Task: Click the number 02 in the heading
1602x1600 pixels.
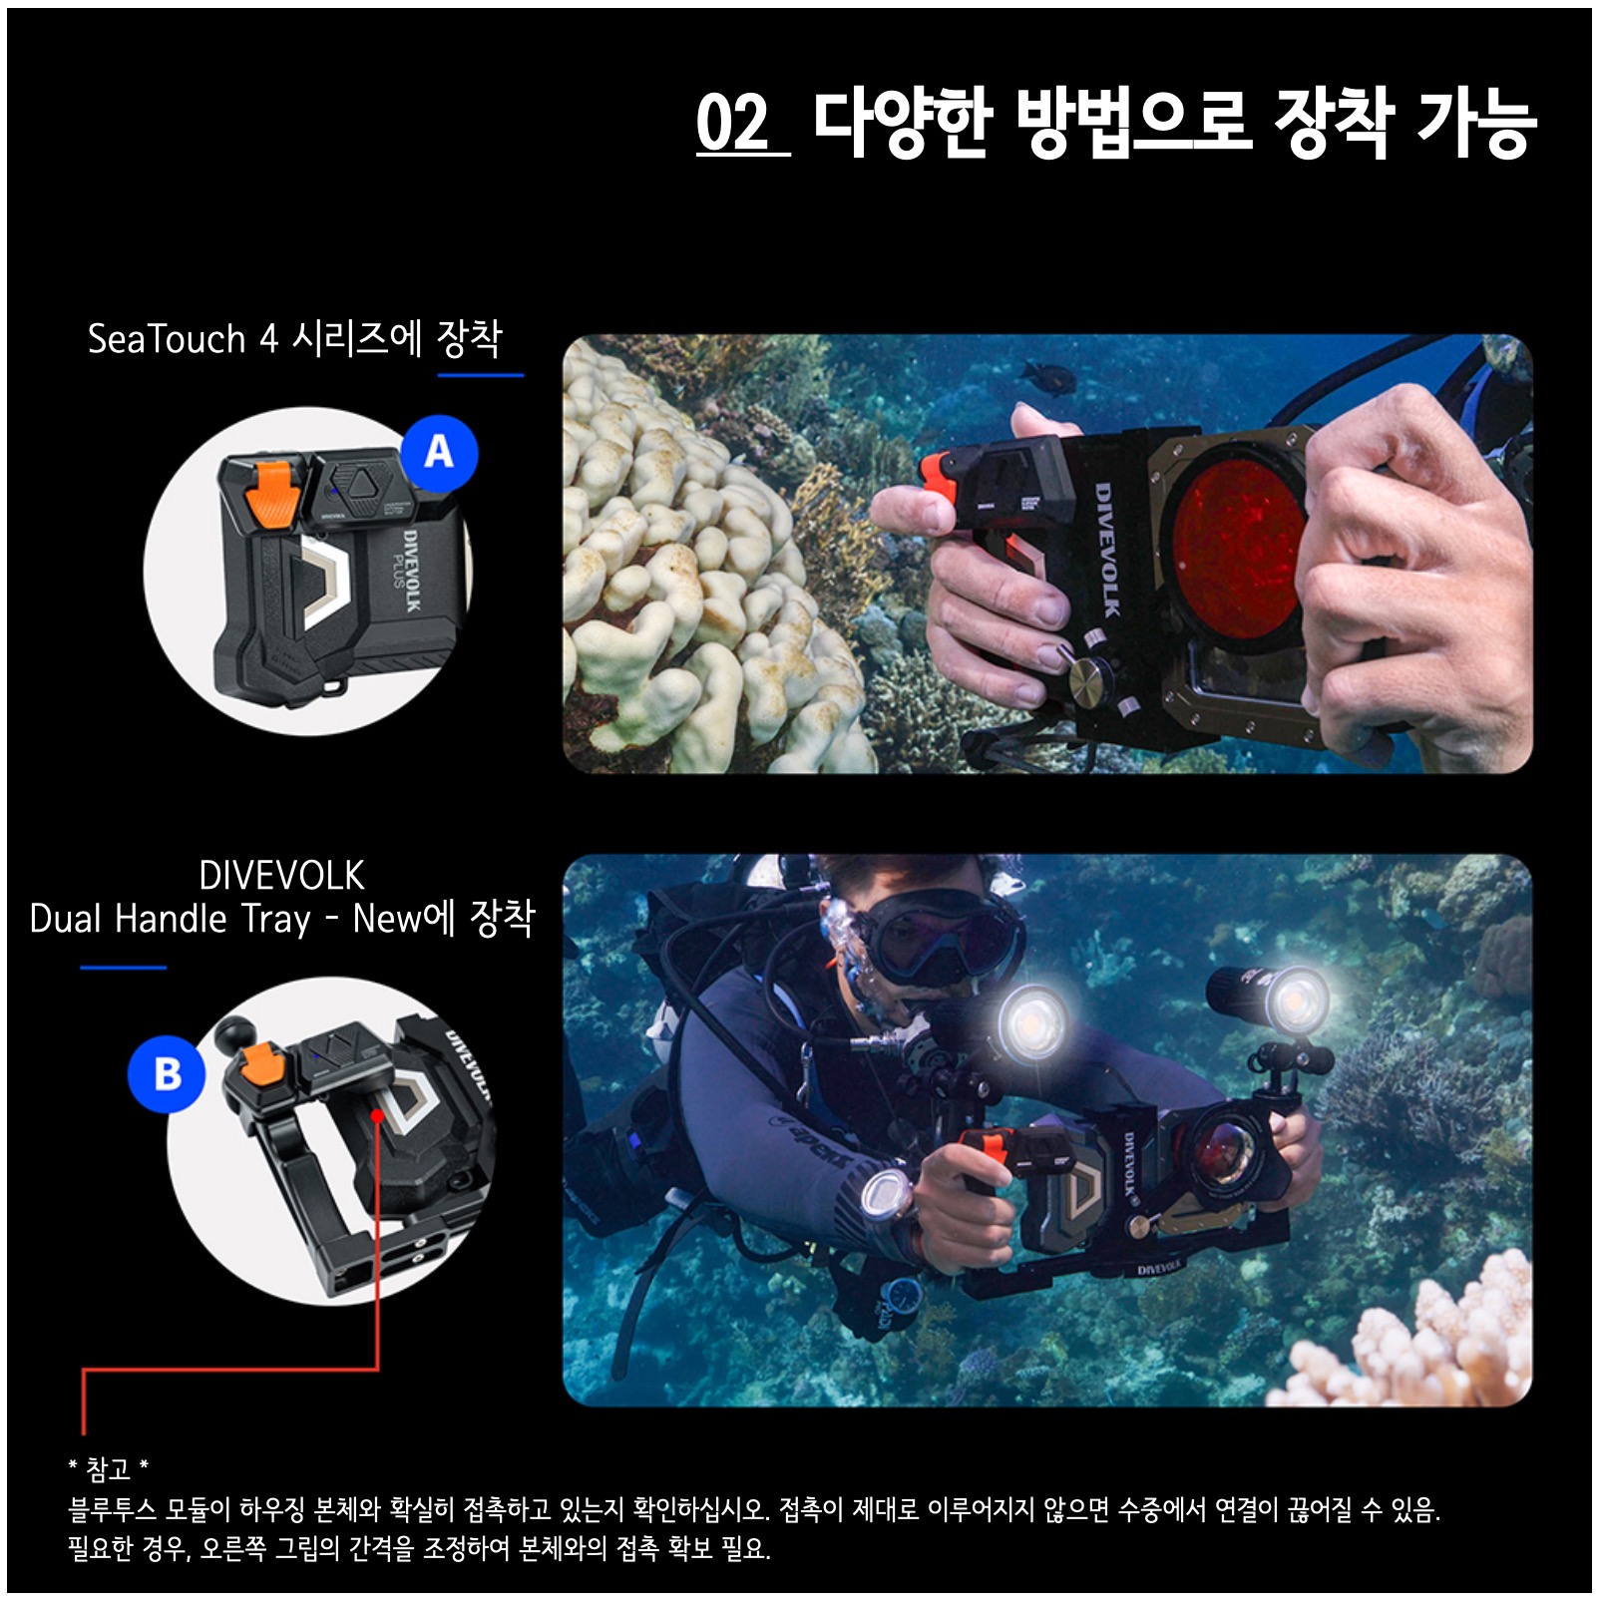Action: click(x=733, y=124)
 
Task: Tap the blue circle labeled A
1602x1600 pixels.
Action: click(x=439, y=453)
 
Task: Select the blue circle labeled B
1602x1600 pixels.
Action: click(x=167, y=1074)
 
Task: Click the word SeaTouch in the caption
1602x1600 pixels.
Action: click(x=167, y=339)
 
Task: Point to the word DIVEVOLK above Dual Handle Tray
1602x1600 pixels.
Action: click(x=281, y=876)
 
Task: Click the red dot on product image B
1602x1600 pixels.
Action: click(x=377, y=1114)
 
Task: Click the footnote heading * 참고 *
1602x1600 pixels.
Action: click(x=108, y=1468)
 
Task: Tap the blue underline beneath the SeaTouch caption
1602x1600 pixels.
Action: click(x=481, y=375)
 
